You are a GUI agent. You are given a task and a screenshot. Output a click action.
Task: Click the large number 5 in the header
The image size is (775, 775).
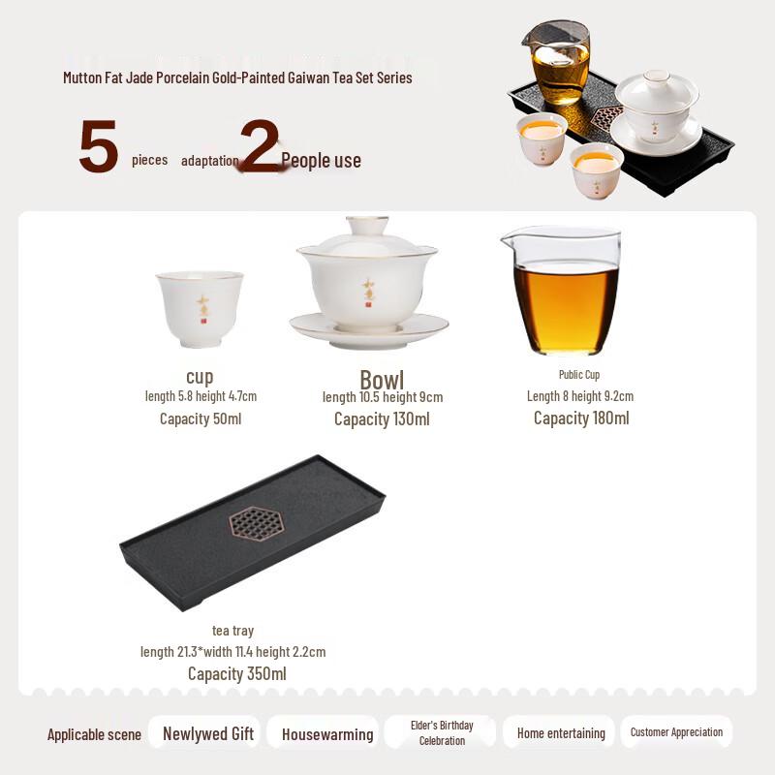pos(99,147)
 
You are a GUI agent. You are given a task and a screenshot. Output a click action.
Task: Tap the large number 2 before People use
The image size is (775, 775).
pos(260,146)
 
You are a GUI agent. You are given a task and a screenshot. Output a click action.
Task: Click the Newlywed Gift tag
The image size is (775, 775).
pos(207,733)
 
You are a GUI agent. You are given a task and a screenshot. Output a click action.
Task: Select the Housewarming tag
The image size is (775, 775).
pos(327,734)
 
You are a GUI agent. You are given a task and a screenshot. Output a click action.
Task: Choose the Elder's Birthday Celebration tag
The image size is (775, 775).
pos(442,732)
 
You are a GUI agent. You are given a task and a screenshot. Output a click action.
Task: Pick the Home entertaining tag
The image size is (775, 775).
pos(561,733)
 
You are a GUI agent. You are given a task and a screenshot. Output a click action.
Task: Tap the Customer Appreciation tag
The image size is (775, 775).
pos(676,731)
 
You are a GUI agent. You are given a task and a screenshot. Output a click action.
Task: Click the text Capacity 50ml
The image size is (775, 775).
pos(201,418)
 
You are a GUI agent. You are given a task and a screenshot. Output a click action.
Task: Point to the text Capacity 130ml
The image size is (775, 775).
pos(382,418)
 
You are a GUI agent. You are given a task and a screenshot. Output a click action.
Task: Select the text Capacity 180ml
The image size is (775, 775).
pos(581,418)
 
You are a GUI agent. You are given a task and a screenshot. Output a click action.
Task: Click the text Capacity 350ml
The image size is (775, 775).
pos(237,673)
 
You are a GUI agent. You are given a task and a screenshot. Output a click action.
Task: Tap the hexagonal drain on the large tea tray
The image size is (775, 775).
pos(255,524)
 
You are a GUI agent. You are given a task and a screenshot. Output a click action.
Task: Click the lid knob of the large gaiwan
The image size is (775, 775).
pos(368,225)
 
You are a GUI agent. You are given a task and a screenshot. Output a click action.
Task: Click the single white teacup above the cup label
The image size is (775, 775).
pos(200,307)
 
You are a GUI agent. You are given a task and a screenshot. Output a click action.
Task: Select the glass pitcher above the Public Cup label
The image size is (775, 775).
pos(565,290)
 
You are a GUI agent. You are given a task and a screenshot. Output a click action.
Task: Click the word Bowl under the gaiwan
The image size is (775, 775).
pos(382,379)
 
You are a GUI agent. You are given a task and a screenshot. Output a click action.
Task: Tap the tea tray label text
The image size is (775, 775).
pos(232,631)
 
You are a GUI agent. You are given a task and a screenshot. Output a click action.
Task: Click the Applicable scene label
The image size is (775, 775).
pos(94,734)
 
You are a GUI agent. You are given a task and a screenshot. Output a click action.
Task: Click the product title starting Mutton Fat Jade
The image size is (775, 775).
pos(237,77)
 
